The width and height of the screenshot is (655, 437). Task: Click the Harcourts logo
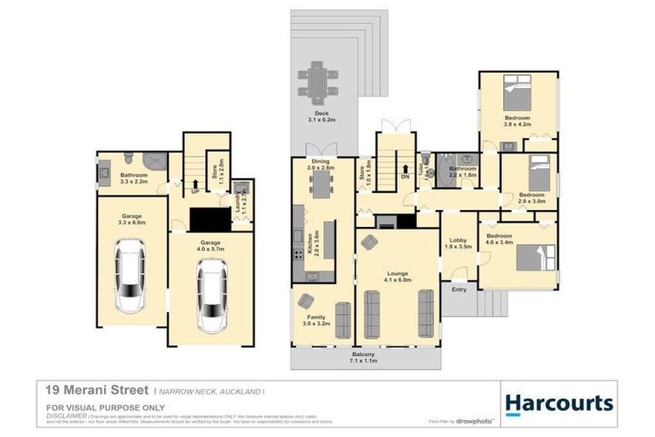pyautogui.click(x=559, y=403)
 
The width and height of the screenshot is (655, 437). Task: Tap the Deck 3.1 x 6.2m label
pyautogui.click(x=322, y=117)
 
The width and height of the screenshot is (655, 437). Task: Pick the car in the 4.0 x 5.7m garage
pyautogui.click(x=210, y=295)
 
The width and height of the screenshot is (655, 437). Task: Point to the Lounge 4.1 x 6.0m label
pyautogui.click(x=397, y=275)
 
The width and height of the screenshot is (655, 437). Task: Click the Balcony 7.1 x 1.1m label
pyautogui.click(x=363, y=358)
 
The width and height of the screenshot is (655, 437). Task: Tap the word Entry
pyautogui.click(x=459, y=290)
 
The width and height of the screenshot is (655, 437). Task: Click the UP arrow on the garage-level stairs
pyautogui.click(x=195, y=183)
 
